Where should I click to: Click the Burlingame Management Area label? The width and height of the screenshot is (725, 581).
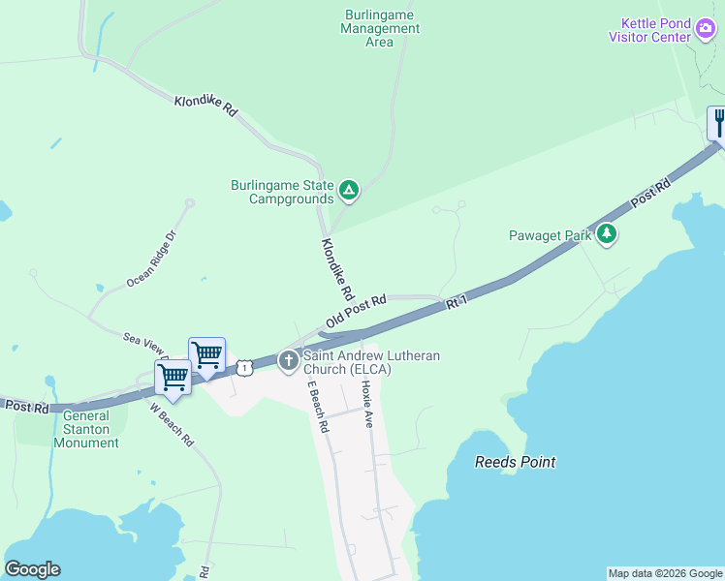click(x=380, y=28)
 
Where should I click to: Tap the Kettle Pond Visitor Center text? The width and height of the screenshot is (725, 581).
click(x=649, y=30)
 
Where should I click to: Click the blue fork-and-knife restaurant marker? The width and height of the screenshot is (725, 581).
click(x=718, y=124)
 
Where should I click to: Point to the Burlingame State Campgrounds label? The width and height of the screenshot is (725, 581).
click(x=282, y=192)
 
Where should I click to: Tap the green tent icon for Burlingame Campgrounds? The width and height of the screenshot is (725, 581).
click(x=349, y=191)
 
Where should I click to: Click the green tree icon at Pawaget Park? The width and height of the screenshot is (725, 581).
click(x=607, y=233)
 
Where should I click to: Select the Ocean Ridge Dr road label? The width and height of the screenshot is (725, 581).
click(x=153, y=259)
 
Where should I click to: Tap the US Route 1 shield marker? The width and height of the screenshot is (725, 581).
click(x=245, y=367)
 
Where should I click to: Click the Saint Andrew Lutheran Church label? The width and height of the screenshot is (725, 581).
click(x=371, y=362)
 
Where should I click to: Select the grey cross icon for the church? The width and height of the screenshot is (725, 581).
click(x=288, y=361)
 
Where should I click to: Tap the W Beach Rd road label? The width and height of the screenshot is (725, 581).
click(x=173, y=422)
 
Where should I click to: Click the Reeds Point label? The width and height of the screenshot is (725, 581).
click(x=515, y=462)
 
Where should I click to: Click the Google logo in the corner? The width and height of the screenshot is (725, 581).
click(x=32, y=569)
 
